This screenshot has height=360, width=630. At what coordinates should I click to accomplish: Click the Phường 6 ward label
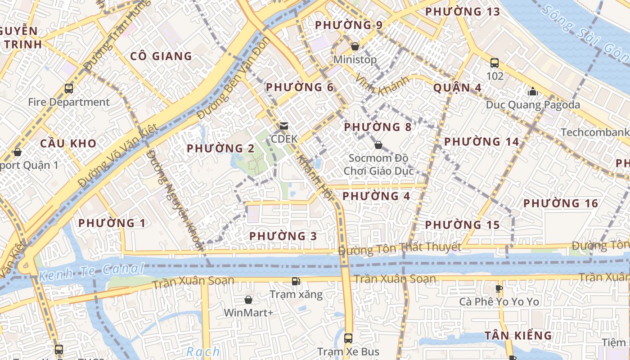coord(299,87)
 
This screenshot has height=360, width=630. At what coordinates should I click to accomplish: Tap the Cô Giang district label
coord(161,56)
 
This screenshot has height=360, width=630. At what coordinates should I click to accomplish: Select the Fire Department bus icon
coord(69,89)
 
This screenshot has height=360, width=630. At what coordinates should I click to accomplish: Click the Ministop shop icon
coord(355,46)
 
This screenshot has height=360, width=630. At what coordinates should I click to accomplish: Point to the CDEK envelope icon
coord(283,126)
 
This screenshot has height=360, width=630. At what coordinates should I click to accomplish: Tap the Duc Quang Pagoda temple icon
coord(533,92)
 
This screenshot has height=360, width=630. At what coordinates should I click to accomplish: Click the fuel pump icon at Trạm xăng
coord(296,282)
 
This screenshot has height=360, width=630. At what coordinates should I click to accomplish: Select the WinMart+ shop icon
coord(248,300)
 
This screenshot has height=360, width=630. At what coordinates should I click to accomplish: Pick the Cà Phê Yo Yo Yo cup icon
coord(499,288)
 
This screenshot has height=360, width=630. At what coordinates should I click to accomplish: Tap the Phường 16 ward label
coord(561,203)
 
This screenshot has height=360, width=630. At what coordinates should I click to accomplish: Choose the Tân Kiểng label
coord(518,335)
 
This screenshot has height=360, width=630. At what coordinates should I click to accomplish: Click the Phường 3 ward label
coord(283,236)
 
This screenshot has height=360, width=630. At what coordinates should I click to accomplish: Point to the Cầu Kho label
coord(68,143)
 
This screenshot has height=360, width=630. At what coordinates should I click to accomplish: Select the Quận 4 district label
coord(457,87)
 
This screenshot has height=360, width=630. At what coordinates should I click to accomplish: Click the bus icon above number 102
coord(495,63)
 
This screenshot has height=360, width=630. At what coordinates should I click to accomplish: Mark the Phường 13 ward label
coord(463,12)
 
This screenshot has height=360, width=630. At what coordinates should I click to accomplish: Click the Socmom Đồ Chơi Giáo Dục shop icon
coord(378,145)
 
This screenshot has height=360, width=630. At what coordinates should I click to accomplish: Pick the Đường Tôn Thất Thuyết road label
coord(400,247)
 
